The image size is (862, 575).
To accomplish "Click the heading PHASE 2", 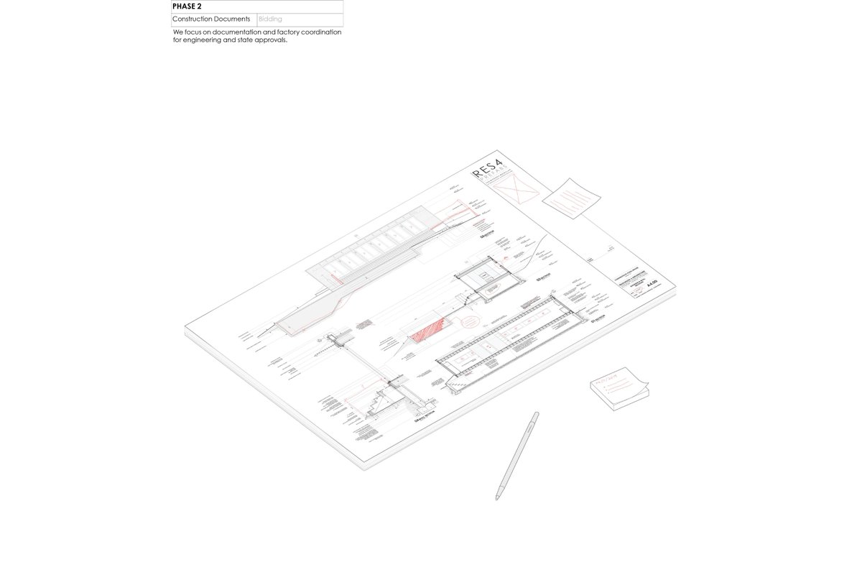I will [187, 6].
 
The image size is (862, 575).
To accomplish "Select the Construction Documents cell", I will [211, 19].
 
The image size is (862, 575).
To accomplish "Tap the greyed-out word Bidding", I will [271, 19].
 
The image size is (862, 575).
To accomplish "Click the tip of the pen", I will [496, 498].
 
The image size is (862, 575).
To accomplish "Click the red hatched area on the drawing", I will [429, 328].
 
